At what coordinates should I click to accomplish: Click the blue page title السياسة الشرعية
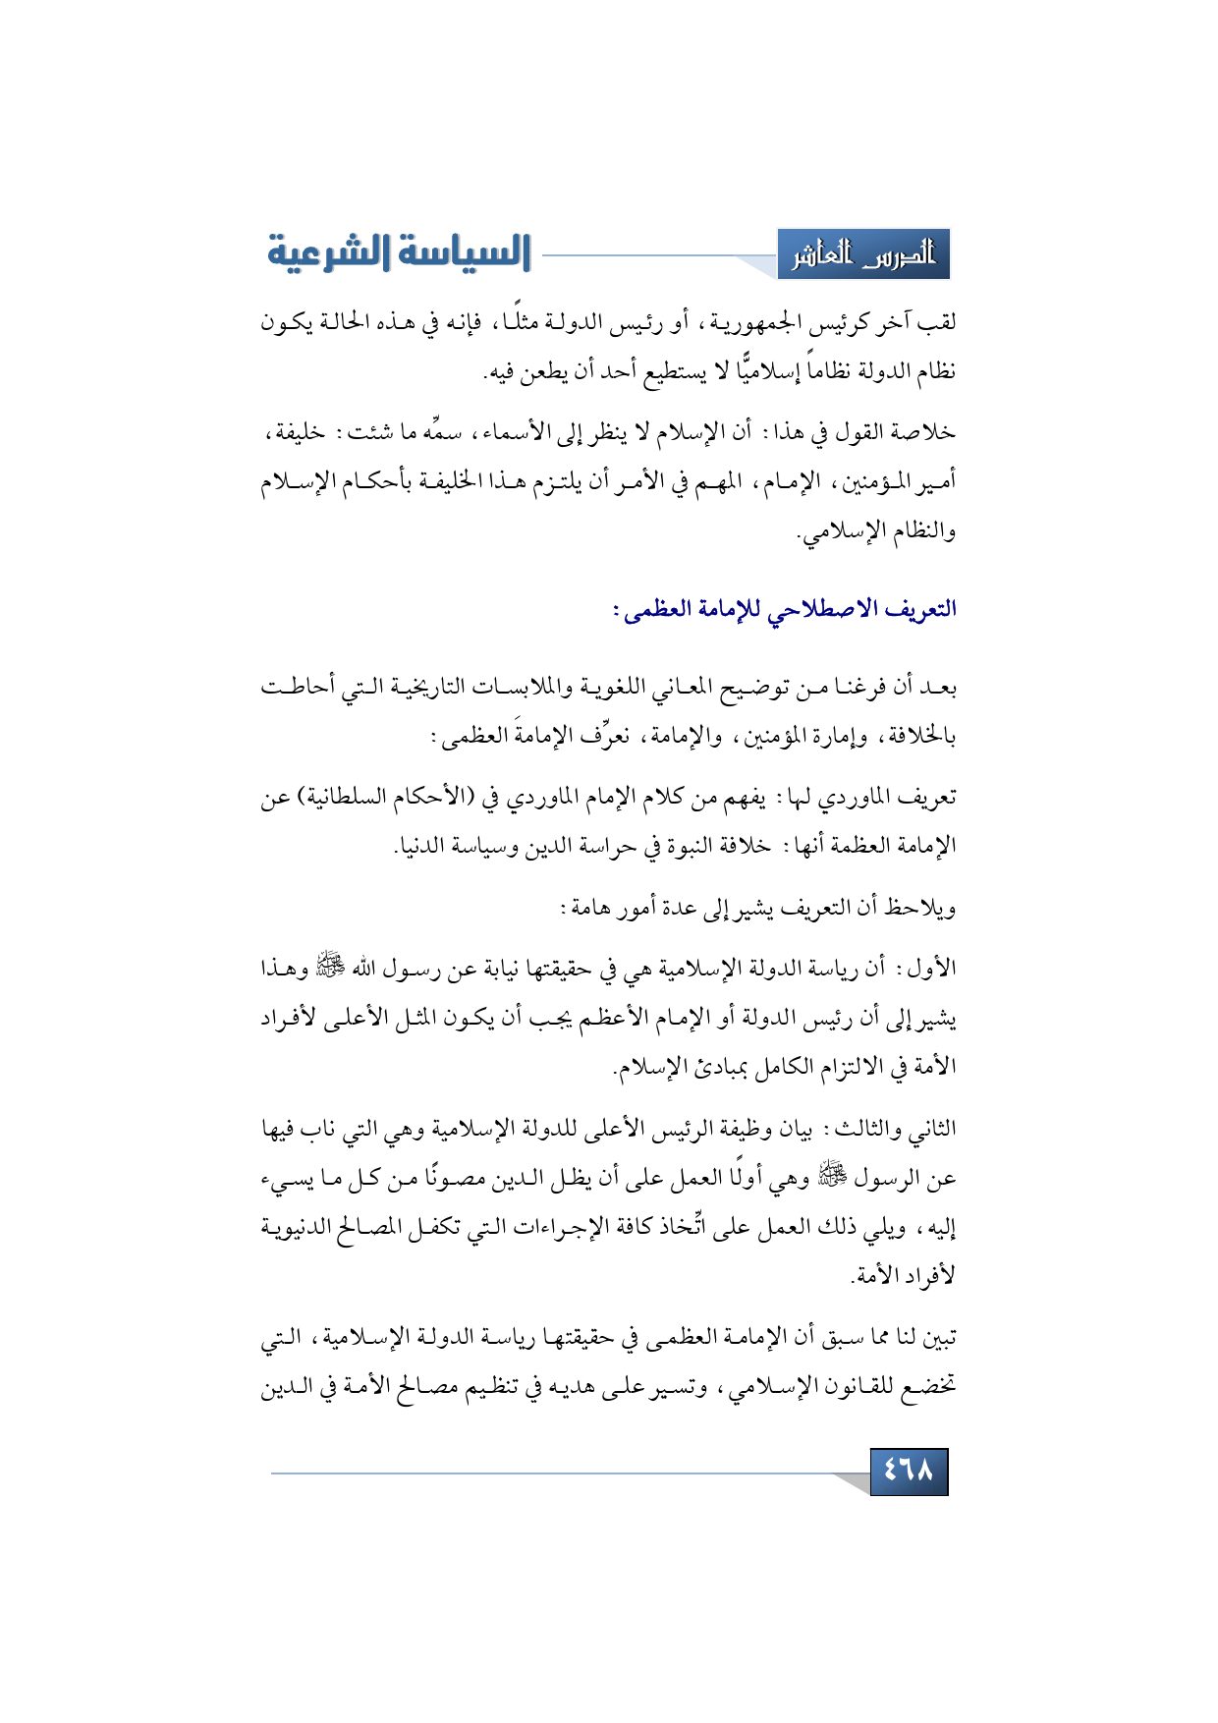399,253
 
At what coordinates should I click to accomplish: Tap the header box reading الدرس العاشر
863,256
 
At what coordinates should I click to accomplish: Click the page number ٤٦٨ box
909,1472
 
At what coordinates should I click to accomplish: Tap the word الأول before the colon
933,970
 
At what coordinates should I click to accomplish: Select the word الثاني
930,1130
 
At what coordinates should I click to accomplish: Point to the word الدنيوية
297,1227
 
